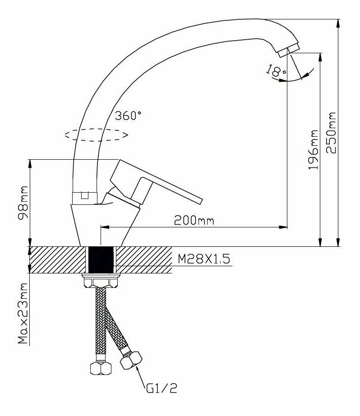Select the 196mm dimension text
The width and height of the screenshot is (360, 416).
[313, 149]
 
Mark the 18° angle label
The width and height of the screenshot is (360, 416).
[276, 71]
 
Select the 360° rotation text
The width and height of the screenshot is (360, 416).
[128, 116]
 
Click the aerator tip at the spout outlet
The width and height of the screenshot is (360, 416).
[289, 49]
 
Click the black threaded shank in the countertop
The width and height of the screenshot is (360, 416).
[101, 259]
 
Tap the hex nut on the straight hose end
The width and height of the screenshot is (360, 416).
[100, 367]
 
